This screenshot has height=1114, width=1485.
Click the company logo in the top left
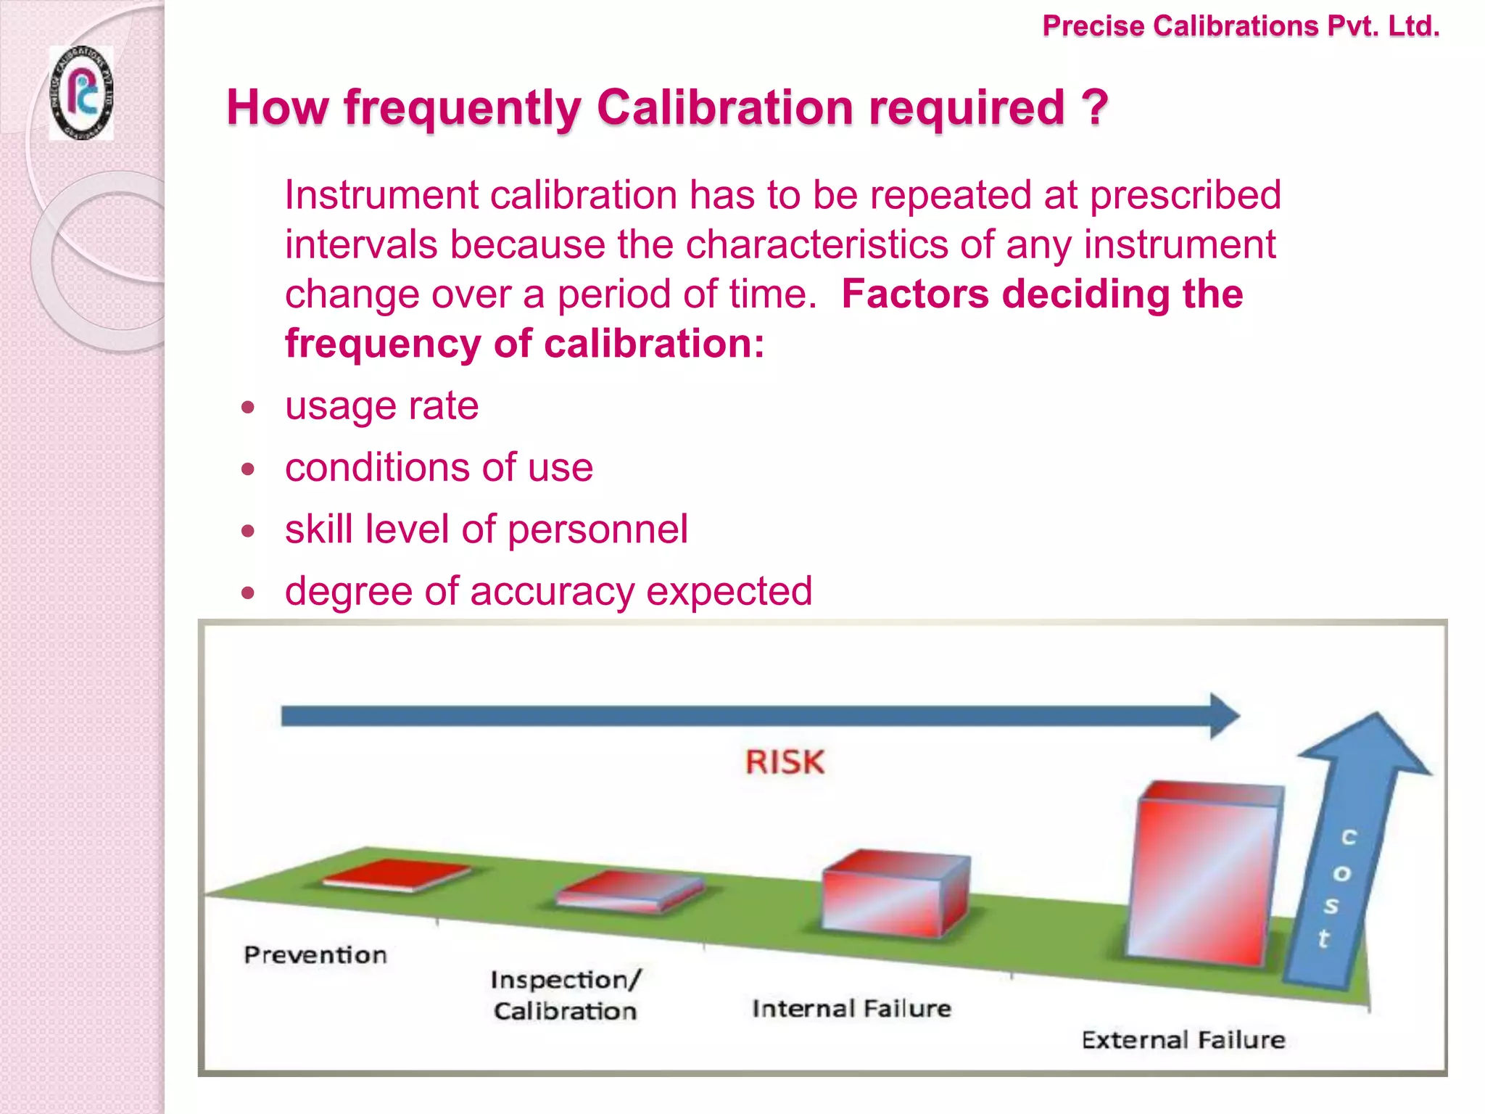click(x=81, y=93)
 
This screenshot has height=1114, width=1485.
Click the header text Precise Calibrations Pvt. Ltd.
click(x=1240, y=26)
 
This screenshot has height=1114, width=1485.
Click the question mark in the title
click(x=1095, y=107)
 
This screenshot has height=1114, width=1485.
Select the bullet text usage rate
click(x=381, y=405)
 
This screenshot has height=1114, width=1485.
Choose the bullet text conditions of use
click(x=439, y=467)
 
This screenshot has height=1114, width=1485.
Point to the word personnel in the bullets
click(x=597, y=529)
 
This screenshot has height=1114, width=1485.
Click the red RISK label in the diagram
click(x=785, y=762)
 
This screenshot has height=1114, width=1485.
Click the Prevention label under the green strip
click(x=315, y=954)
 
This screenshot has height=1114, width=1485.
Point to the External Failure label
click(x=1183, y=1040)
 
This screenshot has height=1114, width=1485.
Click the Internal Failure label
click(x=851, y=1009)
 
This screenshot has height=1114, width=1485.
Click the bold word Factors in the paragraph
click(x=915, y=294)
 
